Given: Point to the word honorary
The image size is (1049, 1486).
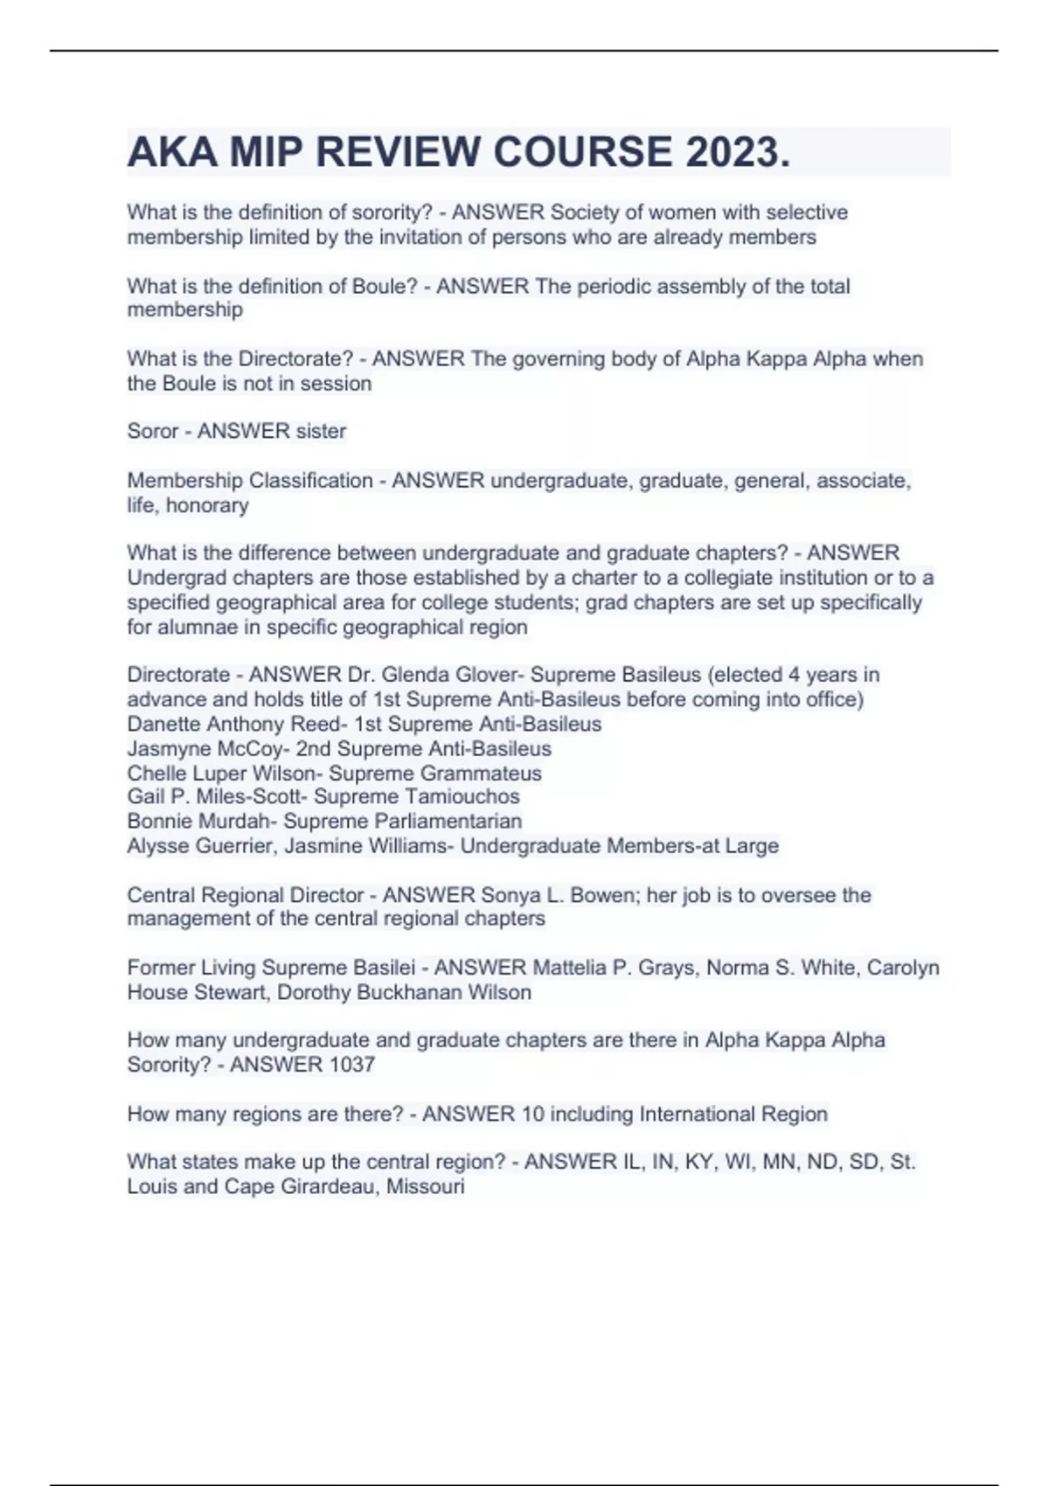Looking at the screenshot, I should point(207,505).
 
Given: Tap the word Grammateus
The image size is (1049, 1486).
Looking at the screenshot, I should point(481,774).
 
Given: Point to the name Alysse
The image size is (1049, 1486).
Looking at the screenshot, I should point(157,846).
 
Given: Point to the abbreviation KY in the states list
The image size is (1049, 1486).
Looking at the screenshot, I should point(702,1162).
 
